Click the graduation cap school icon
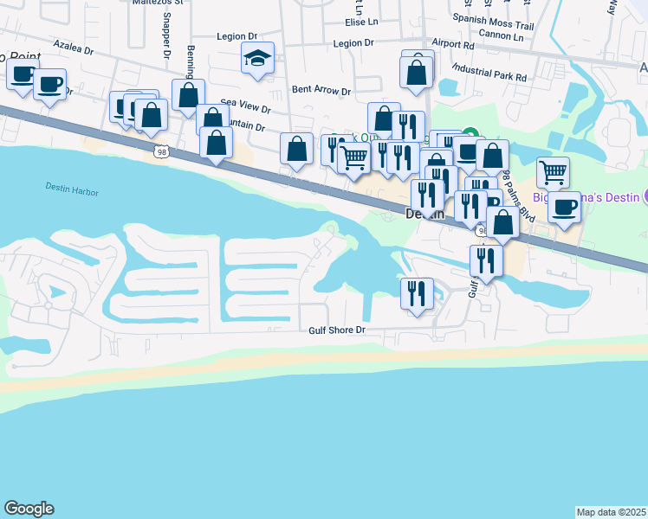point(257,59)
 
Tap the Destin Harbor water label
point(68,187)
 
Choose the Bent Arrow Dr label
point(321,90)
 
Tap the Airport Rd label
point(453,43)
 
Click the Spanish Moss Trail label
point(489,17)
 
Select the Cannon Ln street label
point(501,37)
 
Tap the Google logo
point(29,509)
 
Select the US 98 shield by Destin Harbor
point(161,152)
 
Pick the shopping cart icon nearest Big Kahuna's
point(553,171)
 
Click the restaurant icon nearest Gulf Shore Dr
point(417,293)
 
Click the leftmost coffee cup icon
point(22,74)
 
